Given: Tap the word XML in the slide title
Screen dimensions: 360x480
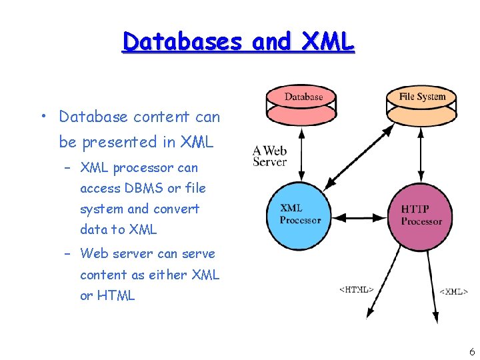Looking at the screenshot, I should tap(329, 42).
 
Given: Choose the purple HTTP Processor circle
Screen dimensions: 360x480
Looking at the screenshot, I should tap(421, 215).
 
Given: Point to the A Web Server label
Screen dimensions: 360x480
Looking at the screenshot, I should tap(269, 156).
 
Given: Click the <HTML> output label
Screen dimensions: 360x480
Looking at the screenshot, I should tap(356, 289).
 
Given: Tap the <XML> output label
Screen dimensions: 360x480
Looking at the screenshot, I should tap(453, 291).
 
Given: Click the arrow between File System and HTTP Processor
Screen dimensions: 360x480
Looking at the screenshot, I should tap(421, 154).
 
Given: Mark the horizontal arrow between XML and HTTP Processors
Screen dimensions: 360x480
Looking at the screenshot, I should tap(361, 217).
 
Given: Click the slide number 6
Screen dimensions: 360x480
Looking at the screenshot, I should tap(471, 351).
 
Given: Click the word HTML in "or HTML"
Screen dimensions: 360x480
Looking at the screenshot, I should tap(116, 295).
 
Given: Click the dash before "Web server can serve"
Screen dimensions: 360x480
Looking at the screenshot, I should tap(68, 254).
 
